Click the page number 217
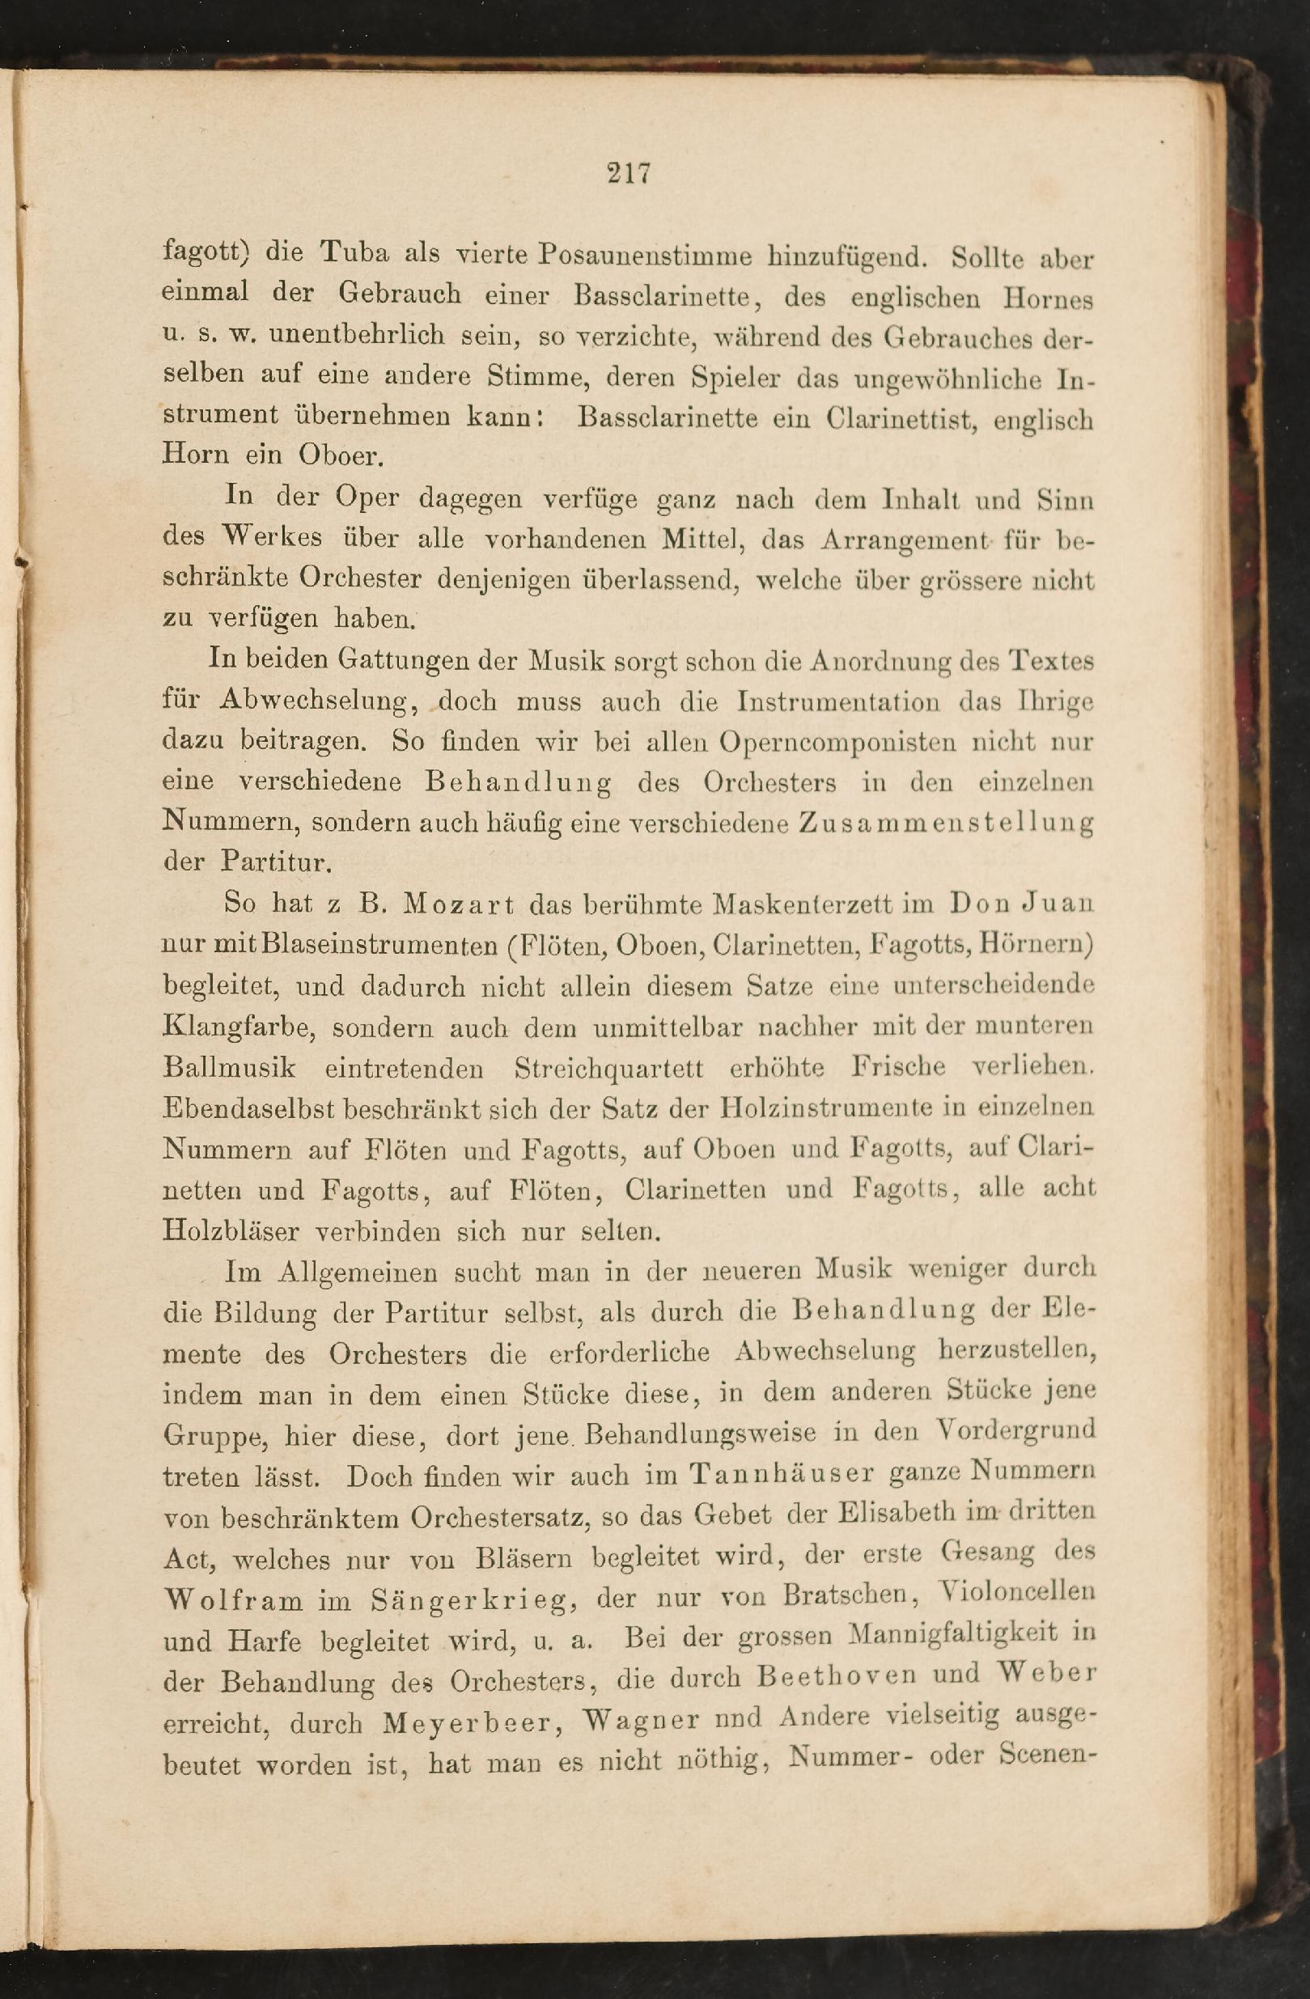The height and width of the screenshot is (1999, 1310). (x=629, y=174)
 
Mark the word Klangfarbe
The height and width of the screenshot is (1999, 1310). (x=237, y=1028)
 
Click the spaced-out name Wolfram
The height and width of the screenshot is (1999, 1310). (x=233, y=1600)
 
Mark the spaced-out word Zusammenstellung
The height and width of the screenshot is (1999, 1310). (x=945, y=823)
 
